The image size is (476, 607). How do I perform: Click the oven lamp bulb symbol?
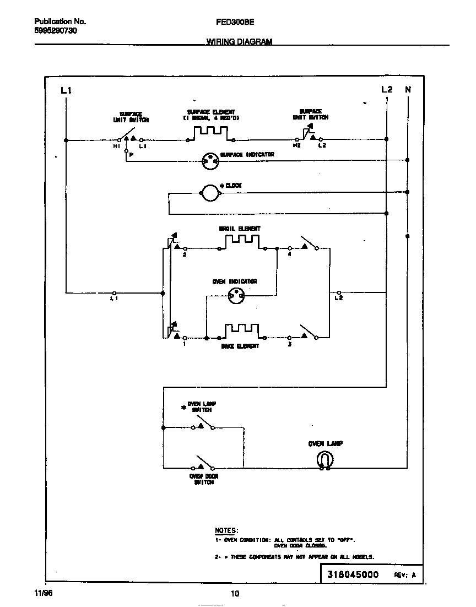pyautogui.click(x=325, y=460)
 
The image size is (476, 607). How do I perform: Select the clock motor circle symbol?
pyautogui.click(x=209, y=193)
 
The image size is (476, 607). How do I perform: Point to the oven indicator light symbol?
pyautogui.click(x=236, y=296)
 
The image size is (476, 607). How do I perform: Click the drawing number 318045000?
pyautogui.click(x=353, y=575)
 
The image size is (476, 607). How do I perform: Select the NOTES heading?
pyautogui.click(x=226, y=530)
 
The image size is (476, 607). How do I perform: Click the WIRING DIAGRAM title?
pyautogui.click(x=239, y=41)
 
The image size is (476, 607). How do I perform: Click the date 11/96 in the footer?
pyautogui.click(x=43, y=594)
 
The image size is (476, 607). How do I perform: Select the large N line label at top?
pyautogui.click(x=408, y=89)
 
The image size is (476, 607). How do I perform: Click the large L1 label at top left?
pyautogui.click(x=66, y=90)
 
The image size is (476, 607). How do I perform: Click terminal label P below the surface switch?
pyautogui.click(x=131, y=155)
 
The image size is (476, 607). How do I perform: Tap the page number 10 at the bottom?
pyautogui.click(x=235, y=594)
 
